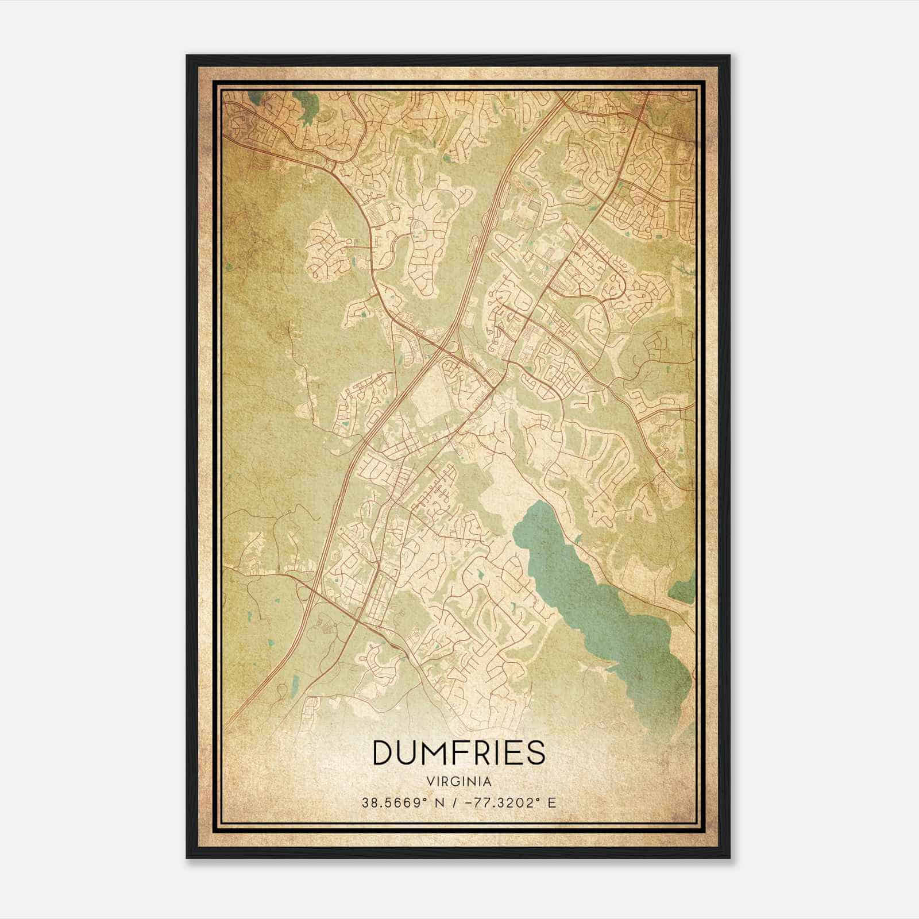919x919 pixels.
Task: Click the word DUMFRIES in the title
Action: pos(459,752)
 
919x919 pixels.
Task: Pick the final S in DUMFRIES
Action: pos(535,752)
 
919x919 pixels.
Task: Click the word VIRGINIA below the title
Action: pos(459,782)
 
